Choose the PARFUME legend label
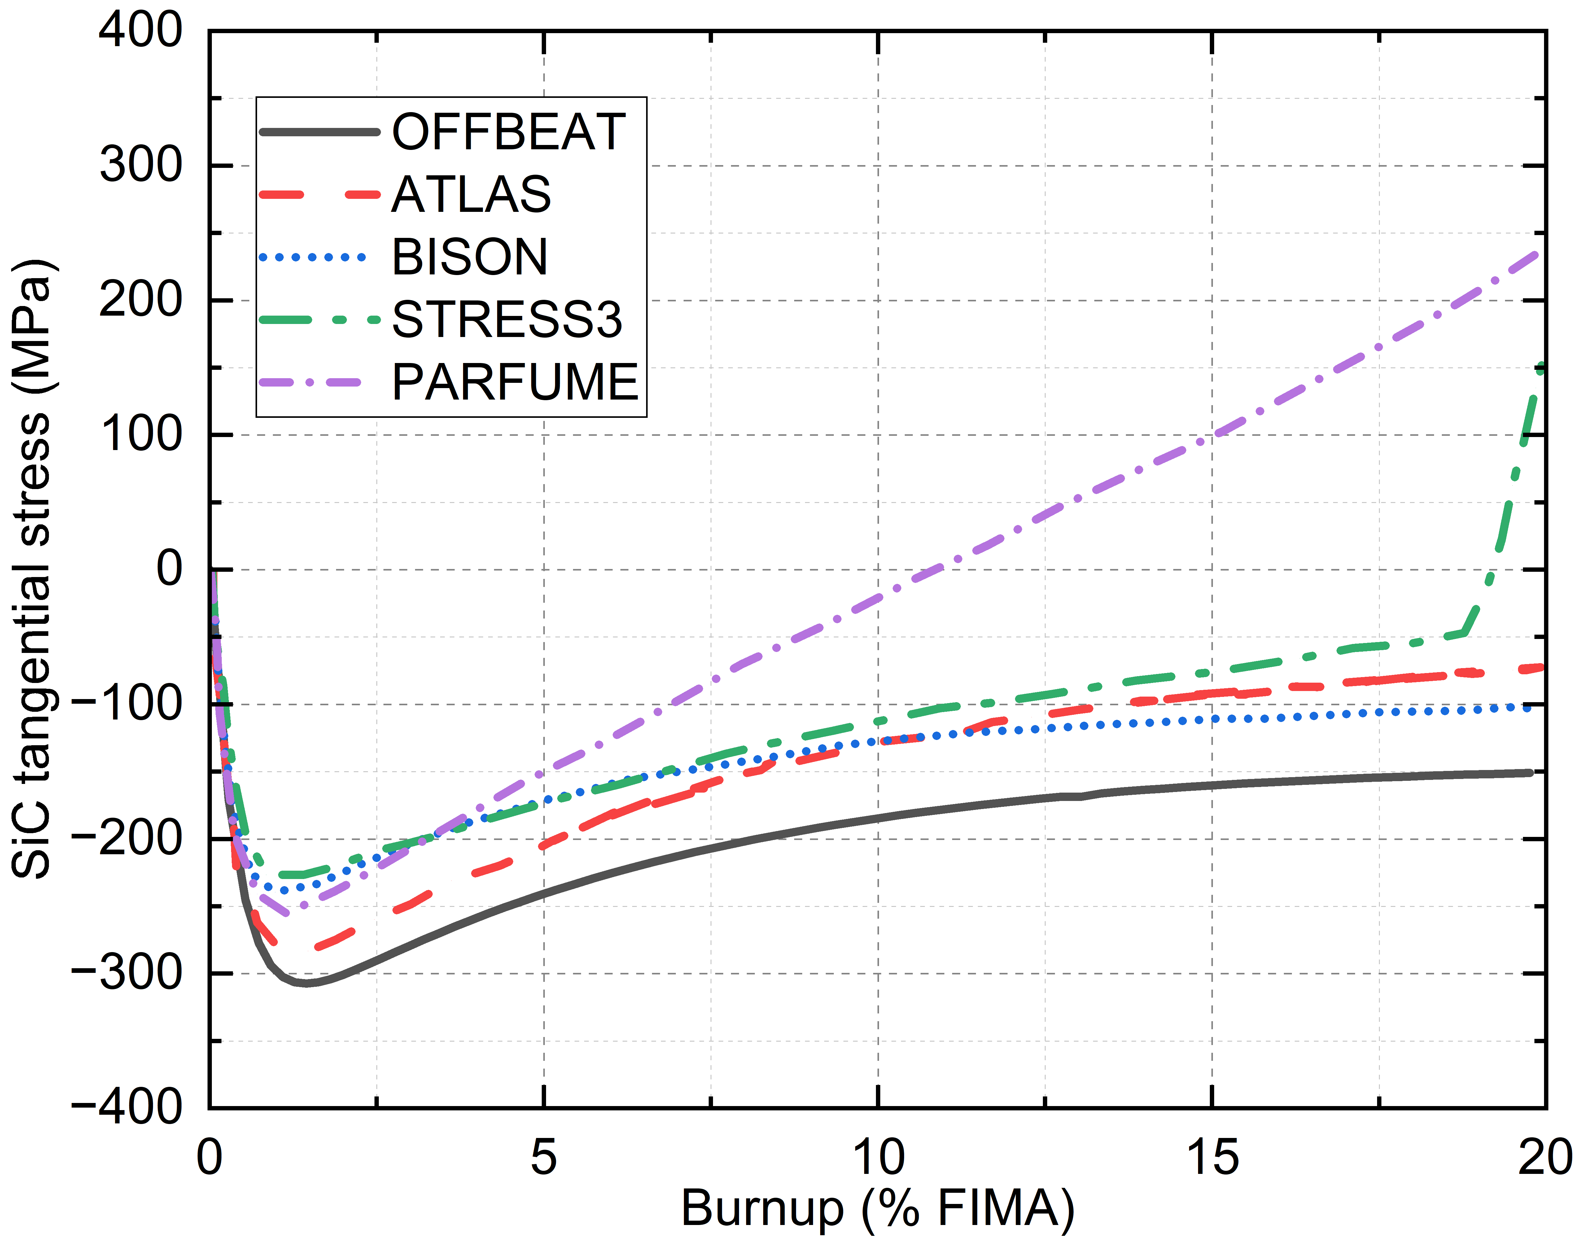pyautogui.click(x=514, y=382)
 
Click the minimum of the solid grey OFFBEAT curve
pyautogui.click(x=306, y=984)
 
